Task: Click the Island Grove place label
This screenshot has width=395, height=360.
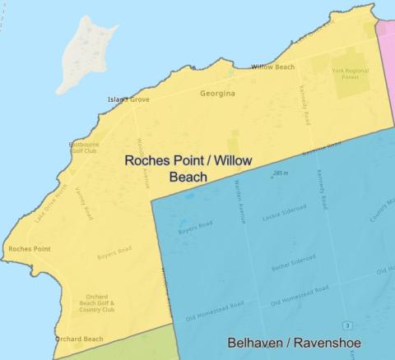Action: point(128,100)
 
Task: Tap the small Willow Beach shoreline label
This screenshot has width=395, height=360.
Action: point(272,67)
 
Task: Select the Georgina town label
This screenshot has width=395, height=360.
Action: point(218,94)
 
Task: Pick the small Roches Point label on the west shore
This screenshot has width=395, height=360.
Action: point(30,248)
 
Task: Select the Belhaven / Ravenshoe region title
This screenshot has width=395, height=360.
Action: point(294,343)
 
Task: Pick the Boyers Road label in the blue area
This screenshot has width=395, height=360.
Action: point(195,227)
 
